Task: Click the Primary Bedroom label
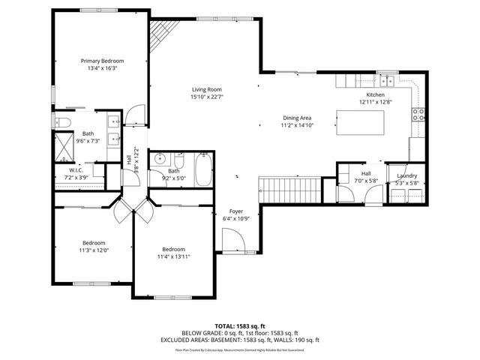pyautogui.click(x=103, y=61)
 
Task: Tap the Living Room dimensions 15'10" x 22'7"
pyautogui.click(x=208, y=96)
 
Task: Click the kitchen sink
pyautogui.click(x=386, y=80)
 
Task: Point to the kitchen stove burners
pyautogui.click(x=418, y=115)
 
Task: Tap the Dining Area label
pyautogui.click(x=296, y=118)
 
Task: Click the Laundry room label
pyautogui.click(x=407, y=175)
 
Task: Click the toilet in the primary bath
pyautogui.click(x=64, y=123)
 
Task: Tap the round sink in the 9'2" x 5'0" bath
pyautogui.click(x=160, y=160)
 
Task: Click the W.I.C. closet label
pyautogui.click(x=76, y=170)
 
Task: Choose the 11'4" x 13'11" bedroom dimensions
pyautogui.click(x=174, y=256)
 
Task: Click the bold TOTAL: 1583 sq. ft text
pyautogui.click(x=240, y=326)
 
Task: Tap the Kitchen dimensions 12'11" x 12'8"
pyautogui.click(x=375, y=102)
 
